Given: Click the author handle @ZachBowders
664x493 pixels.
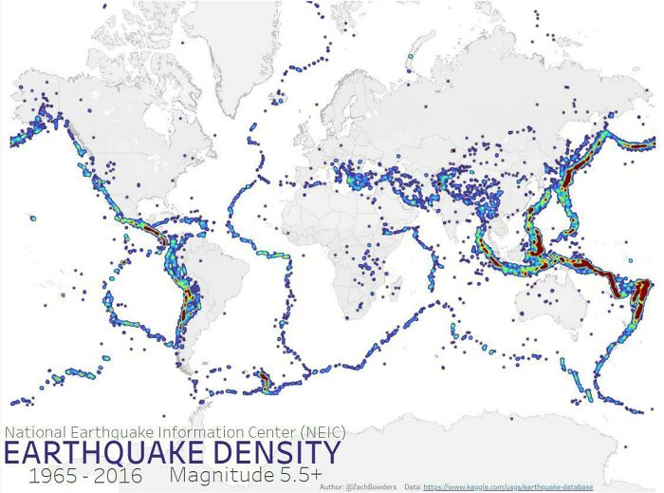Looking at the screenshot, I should pyautogui.click(x=366, y=486).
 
